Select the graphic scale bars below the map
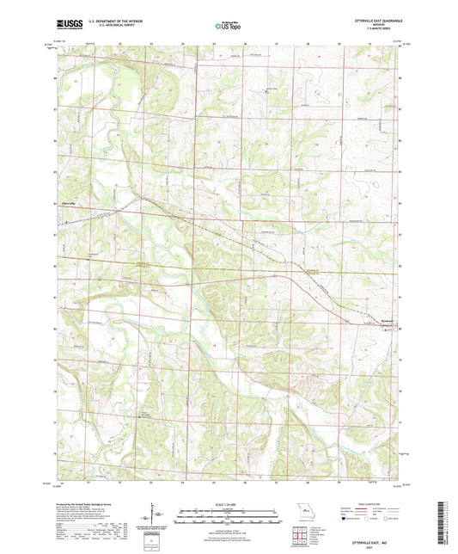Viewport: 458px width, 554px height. pyautogui.click(x=228, y=517)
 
